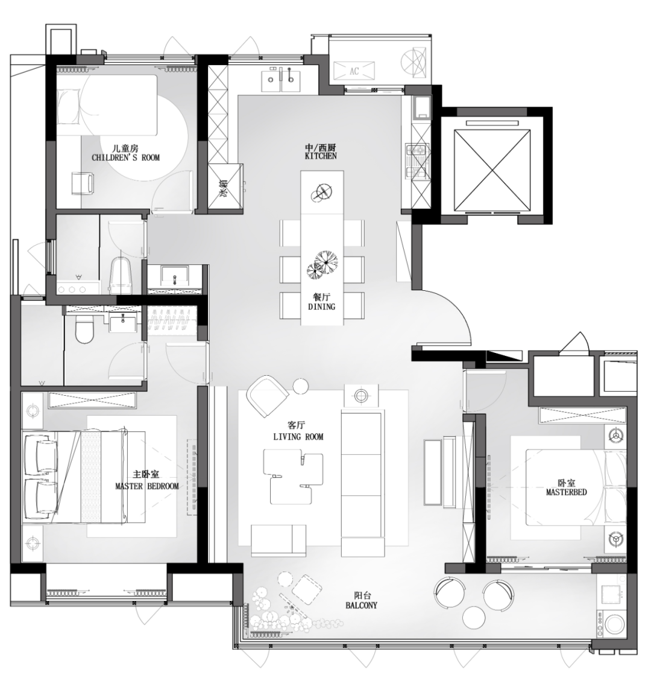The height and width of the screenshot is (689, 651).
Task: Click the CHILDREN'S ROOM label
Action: [125, 157]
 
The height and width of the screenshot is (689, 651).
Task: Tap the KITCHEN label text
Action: [321, 156]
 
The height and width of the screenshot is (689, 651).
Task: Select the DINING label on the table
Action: [321, 306]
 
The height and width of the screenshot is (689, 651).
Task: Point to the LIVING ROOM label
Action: [298, 437]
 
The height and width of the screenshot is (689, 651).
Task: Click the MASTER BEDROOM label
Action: [146, 486]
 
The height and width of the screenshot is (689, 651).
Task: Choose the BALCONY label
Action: [361, 605]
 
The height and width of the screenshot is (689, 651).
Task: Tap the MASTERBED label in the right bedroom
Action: [566, 492]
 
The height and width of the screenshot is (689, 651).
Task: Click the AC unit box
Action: [354, 71]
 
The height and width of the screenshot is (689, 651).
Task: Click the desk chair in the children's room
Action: [83, 183]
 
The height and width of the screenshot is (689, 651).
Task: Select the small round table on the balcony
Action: [474, 618]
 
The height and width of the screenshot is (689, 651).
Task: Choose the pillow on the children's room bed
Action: [69, 106]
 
